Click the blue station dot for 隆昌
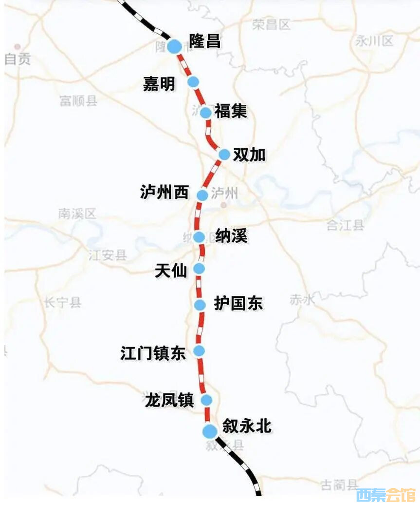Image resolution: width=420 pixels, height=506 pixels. click(174, 46)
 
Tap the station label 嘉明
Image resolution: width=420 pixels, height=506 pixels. click(159, 84)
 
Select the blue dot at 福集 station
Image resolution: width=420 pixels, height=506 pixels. click(206, 113)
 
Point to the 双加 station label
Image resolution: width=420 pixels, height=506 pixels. click(249, 155)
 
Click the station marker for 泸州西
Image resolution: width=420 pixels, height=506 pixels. click(202, 195)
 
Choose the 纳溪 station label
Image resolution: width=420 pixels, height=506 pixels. click(231, 236)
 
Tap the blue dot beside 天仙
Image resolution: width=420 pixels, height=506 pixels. click(199, 269)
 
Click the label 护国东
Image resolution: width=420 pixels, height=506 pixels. click(238, 303)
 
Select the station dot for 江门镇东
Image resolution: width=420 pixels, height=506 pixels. click(199, 350)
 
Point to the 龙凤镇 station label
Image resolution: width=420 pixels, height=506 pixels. click(169, 400)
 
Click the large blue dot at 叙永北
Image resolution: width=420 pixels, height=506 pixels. click(210, 431)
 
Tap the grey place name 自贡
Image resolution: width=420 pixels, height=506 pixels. click(18, 59)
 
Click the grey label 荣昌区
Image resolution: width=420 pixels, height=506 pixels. click(271, 24)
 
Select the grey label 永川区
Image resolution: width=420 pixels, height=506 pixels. click(374, 41)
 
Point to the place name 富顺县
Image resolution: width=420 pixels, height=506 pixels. click(78, 100)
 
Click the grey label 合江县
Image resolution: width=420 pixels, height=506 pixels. click(345, 225)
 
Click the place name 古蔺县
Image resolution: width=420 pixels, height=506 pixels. click(339, 485)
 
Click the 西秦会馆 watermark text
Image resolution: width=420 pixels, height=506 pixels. click(386, 495)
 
